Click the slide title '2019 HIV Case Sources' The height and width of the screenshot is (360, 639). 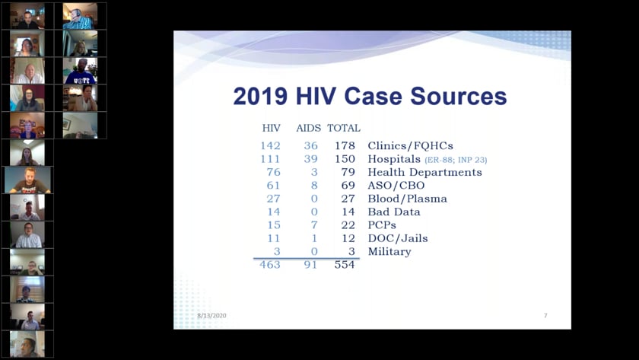pos(369,97)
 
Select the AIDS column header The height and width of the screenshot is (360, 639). pos(308,128)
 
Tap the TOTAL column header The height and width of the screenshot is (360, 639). pos(344,128)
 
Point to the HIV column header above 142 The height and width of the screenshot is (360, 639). pos(271,128)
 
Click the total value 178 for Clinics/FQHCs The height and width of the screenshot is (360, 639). pos(345,145)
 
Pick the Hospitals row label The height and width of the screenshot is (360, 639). pos(394,159)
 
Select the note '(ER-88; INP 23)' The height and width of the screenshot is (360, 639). pos(456,160)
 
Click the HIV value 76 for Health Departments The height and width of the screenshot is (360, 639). pos(272,172)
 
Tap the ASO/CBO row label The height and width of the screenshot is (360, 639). pos(396,185)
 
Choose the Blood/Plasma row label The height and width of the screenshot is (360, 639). pos(407,199)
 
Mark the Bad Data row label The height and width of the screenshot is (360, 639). pos(394,212)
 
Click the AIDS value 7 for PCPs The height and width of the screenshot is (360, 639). pos(313,225)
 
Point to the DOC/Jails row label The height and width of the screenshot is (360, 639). pos(397,238)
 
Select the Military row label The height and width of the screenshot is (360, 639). pos(389,251)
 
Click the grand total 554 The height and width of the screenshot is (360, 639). pos(345,265)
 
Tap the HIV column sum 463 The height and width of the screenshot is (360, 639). pos(269,265)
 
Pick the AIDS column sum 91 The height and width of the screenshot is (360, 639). pos(310,265)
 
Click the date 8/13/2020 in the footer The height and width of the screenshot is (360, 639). pos(211,316)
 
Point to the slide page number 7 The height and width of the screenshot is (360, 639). pos(545,316)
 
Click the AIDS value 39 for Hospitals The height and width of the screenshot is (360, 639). pos(310,159)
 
